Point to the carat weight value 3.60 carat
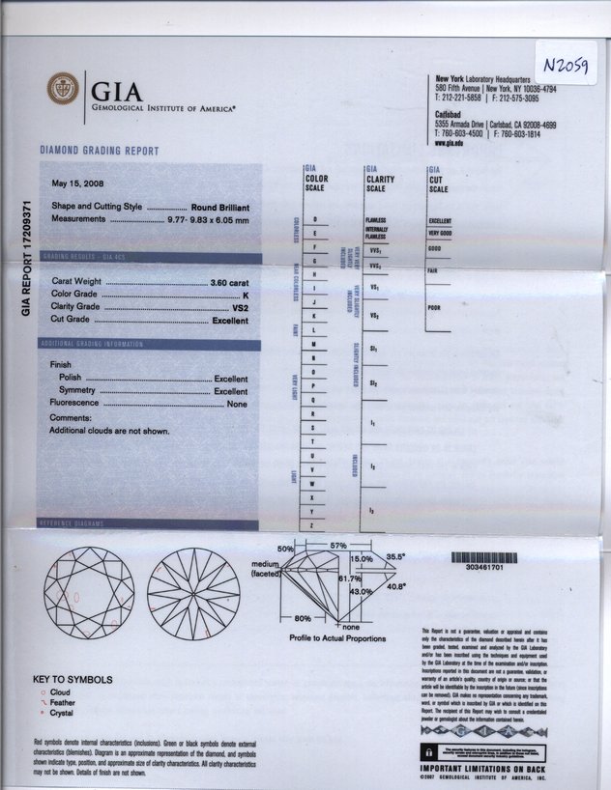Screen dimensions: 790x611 (x=229, y=281)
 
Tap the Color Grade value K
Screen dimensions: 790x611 (x=247, y=294)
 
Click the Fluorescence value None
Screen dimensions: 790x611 (x=238, y=404)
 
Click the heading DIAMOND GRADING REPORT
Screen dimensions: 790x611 (x=100, y=152)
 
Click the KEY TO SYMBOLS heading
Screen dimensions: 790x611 (x=73, y=679)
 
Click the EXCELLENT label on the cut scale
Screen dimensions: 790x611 (x=440, y=221)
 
